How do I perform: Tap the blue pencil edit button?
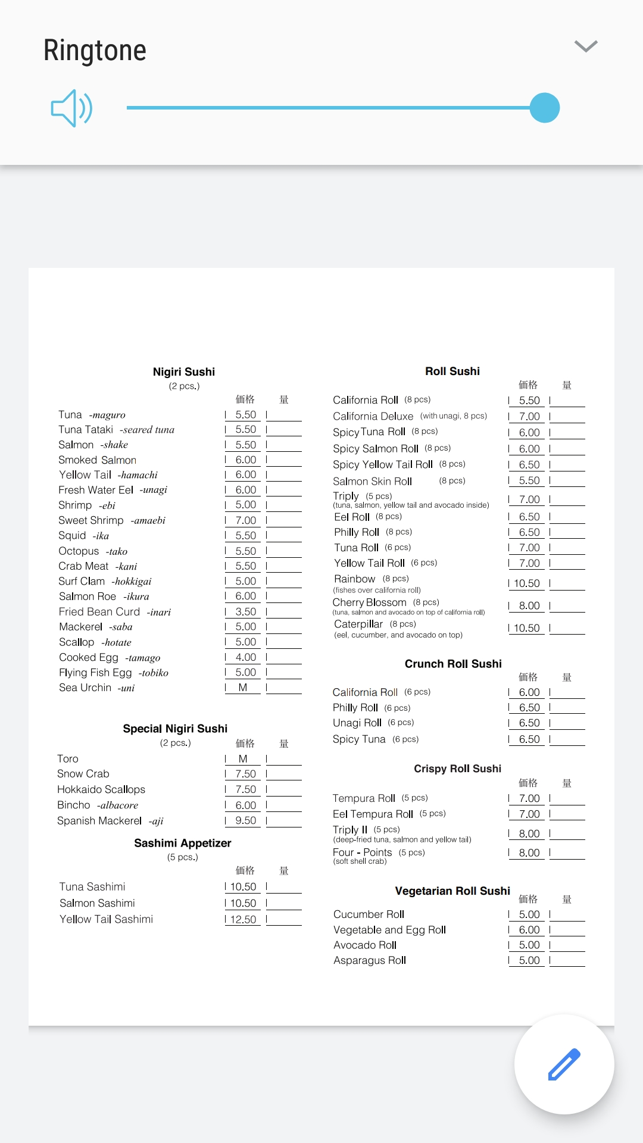(x=564, y=1064)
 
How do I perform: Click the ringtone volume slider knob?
(x=544, y=108)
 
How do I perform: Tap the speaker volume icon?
(x=71, y=108)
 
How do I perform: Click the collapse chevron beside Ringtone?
(x=586, y=46)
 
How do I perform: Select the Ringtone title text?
(x=95, y=51)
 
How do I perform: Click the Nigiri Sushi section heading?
(x=184, y=372)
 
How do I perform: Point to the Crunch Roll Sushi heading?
(x=453, y=664)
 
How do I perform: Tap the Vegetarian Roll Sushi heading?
(x=452, y=891)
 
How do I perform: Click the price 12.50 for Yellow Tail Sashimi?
(x=244, y=919)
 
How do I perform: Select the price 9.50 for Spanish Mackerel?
(x=245, y=820)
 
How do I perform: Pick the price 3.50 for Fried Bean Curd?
(x=245, y=611)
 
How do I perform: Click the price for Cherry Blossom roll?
(x=529, y=605)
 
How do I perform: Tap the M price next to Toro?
(x=243, y=758)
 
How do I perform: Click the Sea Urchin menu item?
(x=85, y=688)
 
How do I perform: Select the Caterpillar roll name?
(x=358, y=624)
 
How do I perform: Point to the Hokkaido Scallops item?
(x=101, y=789)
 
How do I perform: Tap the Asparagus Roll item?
(x=370, y=960)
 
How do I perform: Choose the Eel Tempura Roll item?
(x=373, y=814)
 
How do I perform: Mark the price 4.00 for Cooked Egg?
(x=245, y=657)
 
